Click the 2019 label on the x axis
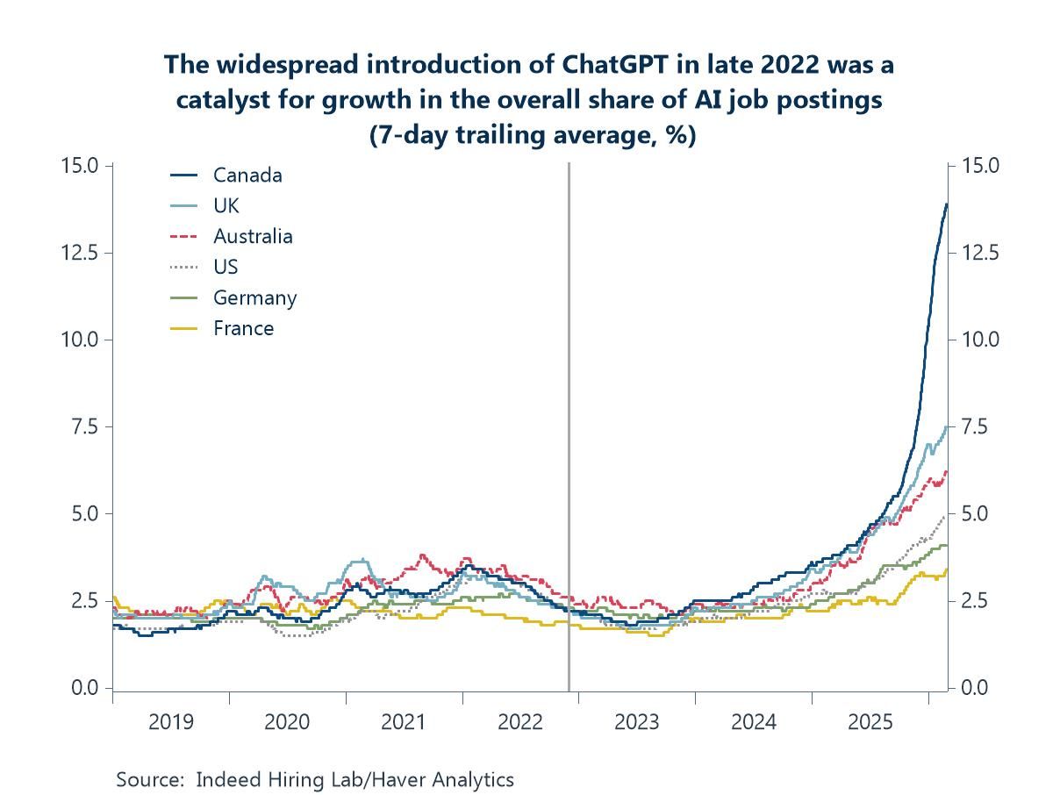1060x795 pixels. coord(171,722)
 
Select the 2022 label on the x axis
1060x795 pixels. coord(520,722)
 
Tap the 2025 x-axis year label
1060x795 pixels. coord(870,722)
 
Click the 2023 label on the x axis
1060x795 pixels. coord(637,722)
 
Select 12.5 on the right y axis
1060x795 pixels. coord(981,253)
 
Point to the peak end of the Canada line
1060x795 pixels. coord(947,204)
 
